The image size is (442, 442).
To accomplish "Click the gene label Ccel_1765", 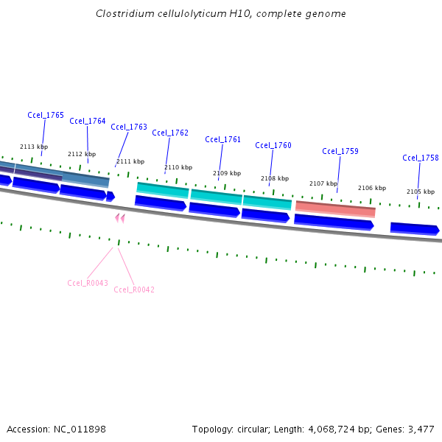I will pyautogui.click(x=46, y=115).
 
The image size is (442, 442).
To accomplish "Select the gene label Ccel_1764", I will pyautogui.click(x=88, y=121).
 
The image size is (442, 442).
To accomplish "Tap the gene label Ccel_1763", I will pyautogui.click(x=129, y=127).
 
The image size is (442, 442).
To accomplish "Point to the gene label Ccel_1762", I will pyautogui.click(x=170, y=133).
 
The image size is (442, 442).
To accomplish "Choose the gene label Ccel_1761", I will pyautogui.click(x=223, y=139).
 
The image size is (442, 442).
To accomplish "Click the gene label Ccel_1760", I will pyautogui.click(x=273, y=145).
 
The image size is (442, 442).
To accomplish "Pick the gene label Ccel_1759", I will pyautogui.click(x=340, y=151).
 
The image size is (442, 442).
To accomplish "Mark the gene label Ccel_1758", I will pyautogui.click(x=421, y=158).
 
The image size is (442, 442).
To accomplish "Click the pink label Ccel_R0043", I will pyautogui.click(x=88, y=283).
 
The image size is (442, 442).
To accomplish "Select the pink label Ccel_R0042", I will pyautogui.click(x=134, y=290).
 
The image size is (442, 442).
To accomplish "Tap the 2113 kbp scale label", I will pyautogui.click(x=34, y=147).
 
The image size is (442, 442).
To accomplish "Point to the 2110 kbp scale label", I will pyautogui.click(x=178, y=167).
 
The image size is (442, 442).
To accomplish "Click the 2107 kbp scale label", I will pyautogui.click(x=323, y=183).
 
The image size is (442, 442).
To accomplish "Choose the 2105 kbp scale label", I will pyautogui.click(x=421, y=192).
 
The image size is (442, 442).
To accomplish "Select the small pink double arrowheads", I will pyautogui.click(x=120, y=217).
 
